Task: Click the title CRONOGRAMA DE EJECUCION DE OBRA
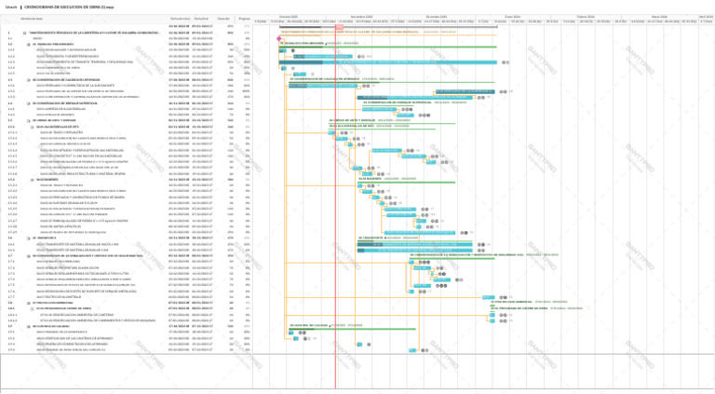pos(59,7)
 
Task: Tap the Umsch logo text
pos(11,7)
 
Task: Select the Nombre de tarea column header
pos(32,18)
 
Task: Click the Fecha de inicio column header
pos(180,18)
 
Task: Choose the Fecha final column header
pos(202,18)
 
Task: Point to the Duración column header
pos(223,18)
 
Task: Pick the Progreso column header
pos(244,18)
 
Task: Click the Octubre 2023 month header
pos(289,16)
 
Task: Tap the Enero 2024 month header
pos(513,16)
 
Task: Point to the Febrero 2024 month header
pos(585,16)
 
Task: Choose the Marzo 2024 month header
pos(659,16)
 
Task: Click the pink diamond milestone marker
pos(278,38)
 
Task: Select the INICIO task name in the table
pos(38,38)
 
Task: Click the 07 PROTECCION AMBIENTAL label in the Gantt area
pos(517,302)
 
